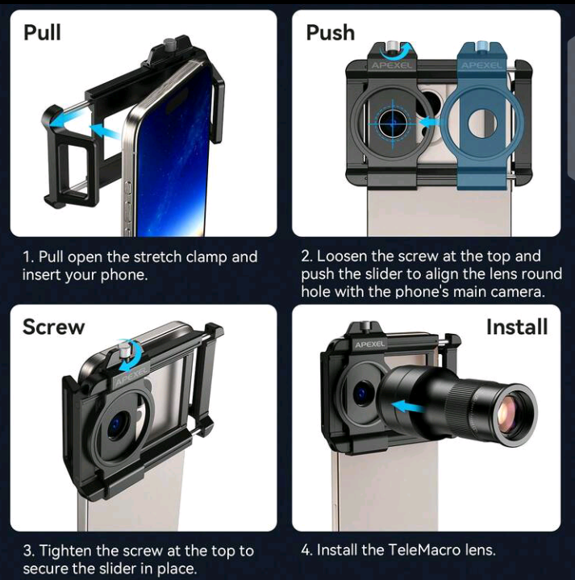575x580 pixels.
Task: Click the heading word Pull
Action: [42, 32]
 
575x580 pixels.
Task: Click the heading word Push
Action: [330, 32]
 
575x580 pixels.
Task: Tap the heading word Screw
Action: [53, 327]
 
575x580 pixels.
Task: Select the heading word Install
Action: [517, 327]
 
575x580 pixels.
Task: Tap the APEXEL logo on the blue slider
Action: [481, 65]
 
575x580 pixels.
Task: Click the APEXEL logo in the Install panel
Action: [370, 344]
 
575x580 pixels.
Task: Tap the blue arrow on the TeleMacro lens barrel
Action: [409, 407]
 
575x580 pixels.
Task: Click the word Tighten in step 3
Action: [66, 551]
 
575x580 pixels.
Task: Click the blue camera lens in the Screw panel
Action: [119, 424]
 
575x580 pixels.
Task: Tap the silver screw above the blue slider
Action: [481, 46]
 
